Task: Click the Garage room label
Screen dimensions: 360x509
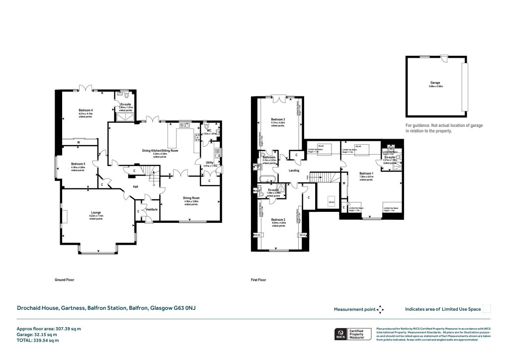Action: [435, 83]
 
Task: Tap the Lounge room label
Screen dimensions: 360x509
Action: [95, 213]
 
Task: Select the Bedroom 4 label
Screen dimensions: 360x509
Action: [85, 110]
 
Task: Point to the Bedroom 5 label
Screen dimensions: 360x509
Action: [78, 164]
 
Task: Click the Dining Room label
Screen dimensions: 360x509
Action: [191, 197]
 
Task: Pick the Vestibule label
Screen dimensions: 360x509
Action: [152, 209]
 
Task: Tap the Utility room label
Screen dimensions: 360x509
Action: [211, 162]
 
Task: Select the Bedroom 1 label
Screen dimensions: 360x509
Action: [366, 173]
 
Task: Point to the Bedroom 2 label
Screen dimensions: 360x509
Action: [278, 219]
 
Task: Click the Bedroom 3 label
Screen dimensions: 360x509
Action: [278, 119]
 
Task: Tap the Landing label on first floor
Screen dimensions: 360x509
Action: [294, 171]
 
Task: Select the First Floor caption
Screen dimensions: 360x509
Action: [258, 280]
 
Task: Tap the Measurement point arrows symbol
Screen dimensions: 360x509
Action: [380, 309]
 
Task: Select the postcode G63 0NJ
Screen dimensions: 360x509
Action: [184, 309]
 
